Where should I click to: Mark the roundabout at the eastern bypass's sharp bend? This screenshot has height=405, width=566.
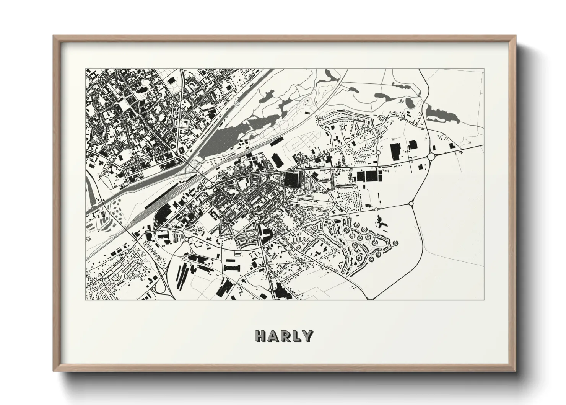point(412,203)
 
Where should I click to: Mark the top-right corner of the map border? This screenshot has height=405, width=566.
point(484,69)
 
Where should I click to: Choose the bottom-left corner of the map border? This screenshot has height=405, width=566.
point(86,300)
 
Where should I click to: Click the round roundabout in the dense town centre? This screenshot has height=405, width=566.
point(255,218)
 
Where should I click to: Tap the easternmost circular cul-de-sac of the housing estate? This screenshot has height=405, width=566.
point(394,242)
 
